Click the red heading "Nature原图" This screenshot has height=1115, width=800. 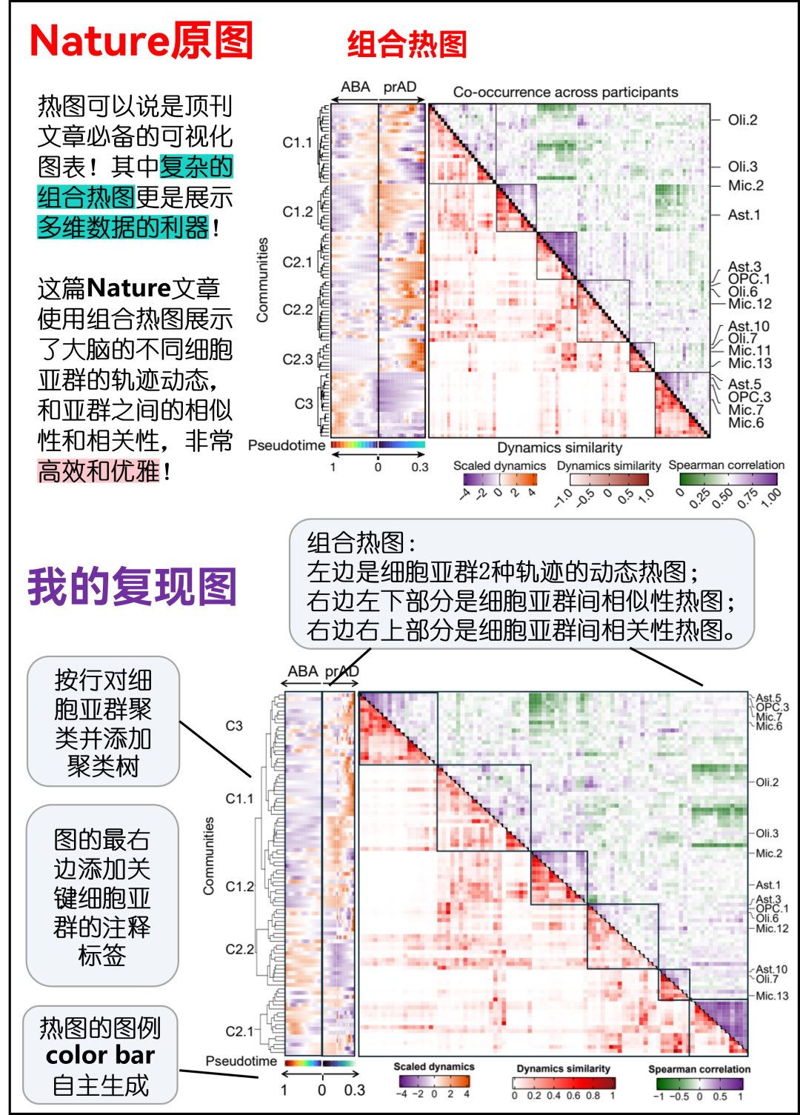(141, 41)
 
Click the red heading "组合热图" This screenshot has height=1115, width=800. (407, 44)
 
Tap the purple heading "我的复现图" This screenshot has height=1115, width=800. (133, 587)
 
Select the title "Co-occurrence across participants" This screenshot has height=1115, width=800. (565, 92)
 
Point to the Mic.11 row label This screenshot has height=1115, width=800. (749, 350)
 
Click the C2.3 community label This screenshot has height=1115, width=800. (298, 359)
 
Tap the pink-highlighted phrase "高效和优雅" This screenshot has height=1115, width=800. (99, 471)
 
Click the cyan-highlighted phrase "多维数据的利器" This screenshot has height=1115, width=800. (123, 227)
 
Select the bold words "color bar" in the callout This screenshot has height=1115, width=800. (100, 1055)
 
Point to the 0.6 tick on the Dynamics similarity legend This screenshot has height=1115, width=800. (573, 1096)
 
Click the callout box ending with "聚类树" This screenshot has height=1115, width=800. (103, 722)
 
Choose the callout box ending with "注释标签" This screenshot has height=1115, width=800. (102, 896)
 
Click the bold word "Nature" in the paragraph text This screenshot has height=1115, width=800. (129, 288)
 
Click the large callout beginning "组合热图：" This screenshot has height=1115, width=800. (521, 585)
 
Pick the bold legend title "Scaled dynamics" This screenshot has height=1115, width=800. (433, 1067)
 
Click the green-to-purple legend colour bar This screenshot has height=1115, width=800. (699, 1083)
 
